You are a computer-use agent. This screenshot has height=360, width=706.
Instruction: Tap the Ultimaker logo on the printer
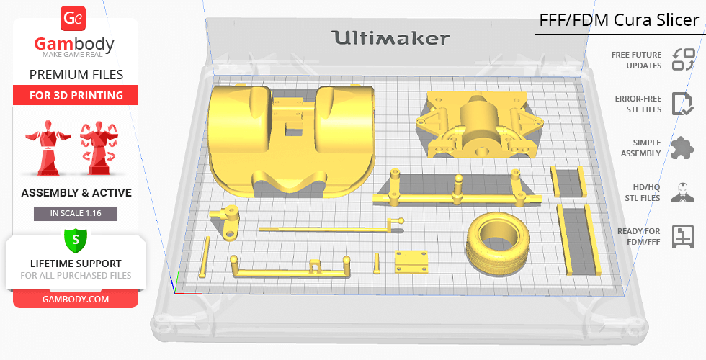coord(390,37)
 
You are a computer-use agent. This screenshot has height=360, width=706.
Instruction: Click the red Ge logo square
coord(73,18)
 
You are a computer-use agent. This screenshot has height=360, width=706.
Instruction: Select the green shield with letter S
coord(75,240)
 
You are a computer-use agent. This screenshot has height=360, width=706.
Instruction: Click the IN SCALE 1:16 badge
coord(76,213)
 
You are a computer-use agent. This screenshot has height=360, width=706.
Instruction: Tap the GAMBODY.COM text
coord(76,300)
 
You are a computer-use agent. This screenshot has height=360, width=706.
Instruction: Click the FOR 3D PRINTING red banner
coord(76,95)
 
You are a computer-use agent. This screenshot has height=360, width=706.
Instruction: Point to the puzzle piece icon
coord(683,148)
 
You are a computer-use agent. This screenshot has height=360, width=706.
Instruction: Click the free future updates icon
coord(684,59)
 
